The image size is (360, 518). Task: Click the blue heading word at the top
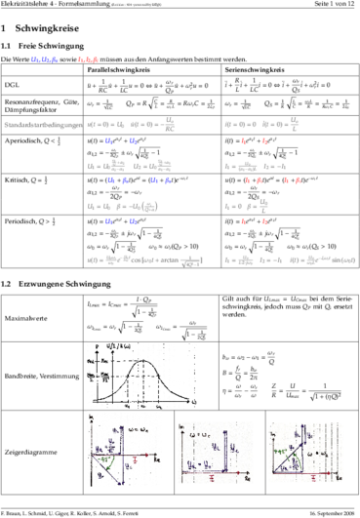pyautogui.click(x=45, y=60)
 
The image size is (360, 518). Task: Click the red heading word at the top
pyautogui.click(x=88, y=60)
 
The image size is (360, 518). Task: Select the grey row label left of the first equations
pyautogui.click(x=43, y=125)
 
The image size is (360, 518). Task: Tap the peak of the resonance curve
pyautogui.click(x=143, y=362)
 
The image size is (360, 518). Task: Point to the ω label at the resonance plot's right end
pyautogui.click(x=194, y=401)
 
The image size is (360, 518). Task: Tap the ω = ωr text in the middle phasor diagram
pyautogui.click(x=201, y=434)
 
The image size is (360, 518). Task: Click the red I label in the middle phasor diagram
pyautogui.click(x=213, y=478)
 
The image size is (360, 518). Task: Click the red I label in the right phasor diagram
pyautogui.click(x=312, y=478)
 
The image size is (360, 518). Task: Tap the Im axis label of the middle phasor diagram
pyautogui.click(x=182, y=426)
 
